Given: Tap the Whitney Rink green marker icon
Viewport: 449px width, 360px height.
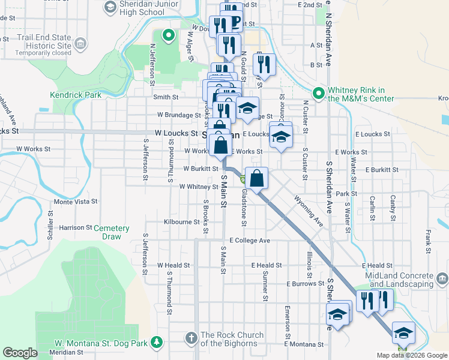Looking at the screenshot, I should [318, 93].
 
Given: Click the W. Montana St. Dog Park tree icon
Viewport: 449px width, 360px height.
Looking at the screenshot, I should [157, 342].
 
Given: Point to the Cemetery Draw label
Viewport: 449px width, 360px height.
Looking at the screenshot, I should [112, 232].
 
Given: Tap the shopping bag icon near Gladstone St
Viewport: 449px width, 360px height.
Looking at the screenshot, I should [257, 178].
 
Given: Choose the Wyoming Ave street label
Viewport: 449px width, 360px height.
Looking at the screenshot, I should [309, 211].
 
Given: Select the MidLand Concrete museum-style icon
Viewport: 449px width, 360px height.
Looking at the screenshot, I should [442, 279].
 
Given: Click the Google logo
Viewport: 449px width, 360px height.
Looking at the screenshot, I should [20, 353].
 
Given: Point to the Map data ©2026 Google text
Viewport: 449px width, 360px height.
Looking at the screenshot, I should [412, 355].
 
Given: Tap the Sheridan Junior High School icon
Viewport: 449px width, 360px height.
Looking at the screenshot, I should [110, 7].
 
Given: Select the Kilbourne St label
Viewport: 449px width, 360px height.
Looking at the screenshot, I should [182, 222].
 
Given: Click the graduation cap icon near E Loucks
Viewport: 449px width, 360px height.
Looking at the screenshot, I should [280, 136].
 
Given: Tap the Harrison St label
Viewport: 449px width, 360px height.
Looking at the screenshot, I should [76, 228].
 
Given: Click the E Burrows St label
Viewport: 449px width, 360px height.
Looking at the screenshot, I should [304, 283].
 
